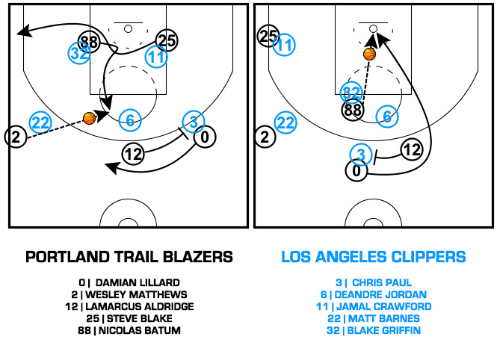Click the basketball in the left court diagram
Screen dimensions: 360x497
pos(90,117)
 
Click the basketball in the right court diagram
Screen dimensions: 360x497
pos(369,54)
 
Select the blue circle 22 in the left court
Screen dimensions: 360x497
pos(40,122)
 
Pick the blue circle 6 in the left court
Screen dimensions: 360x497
pos(130,120)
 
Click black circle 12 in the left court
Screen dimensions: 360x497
pos(133,155)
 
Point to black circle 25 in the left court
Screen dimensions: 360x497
pos(166,41)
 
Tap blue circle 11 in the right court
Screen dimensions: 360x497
pos(284,46)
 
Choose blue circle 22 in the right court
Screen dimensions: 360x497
pos(285,122)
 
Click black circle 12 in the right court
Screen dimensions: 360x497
pos(411,150)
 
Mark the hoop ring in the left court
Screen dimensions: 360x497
pos(128,28)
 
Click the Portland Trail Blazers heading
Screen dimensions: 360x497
pos(129,257)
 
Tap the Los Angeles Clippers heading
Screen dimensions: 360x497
pos(373,257)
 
